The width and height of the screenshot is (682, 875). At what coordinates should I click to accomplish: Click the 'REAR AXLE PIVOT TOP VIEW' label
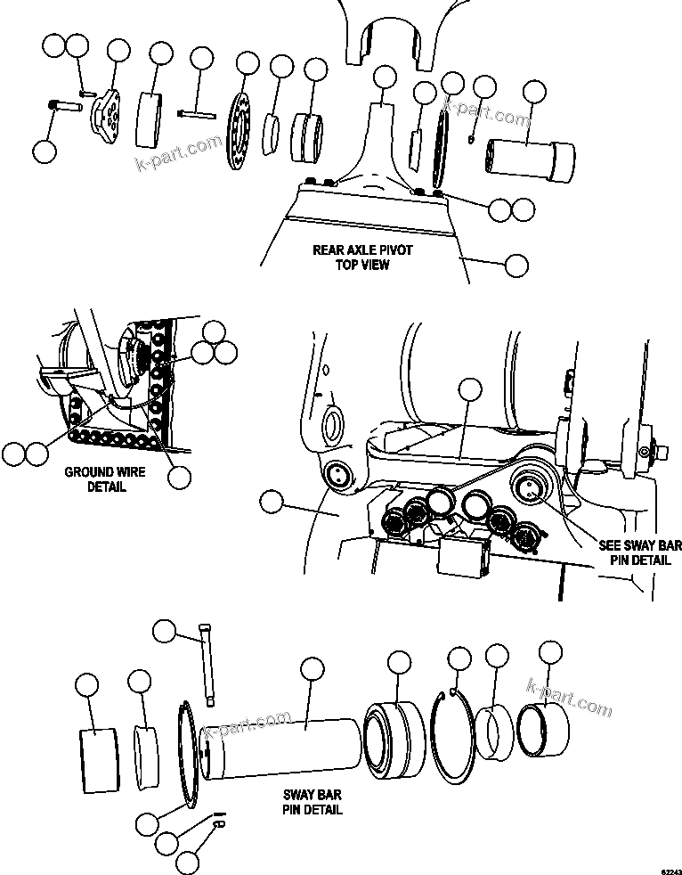click(362, 258)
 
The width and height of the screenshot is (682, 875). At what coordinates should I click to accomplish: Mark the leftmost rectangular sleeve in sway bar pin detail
click(99, 758)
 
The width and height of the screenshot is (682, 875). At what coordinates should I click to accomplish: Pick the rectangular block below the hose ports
click(463, 559)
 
